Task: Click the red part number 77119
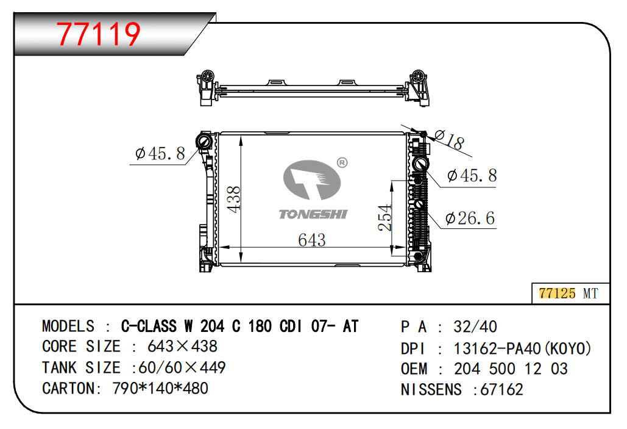coord(98,34)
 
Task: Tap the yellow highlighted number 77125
coord(557,293)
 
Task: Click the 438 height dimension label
coord(234,199)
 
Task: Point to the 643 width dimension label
coord(312,240)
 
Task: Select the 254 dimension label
coord(384,217)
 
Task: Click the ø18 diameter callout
coord(449,139)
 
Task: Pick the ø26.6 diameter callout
coord(470,218)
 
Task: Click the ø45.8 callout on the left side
coord(160,153)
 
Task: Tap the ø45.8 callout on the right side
coord(472,175)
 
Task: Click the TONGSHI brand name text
coord(313,214)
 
